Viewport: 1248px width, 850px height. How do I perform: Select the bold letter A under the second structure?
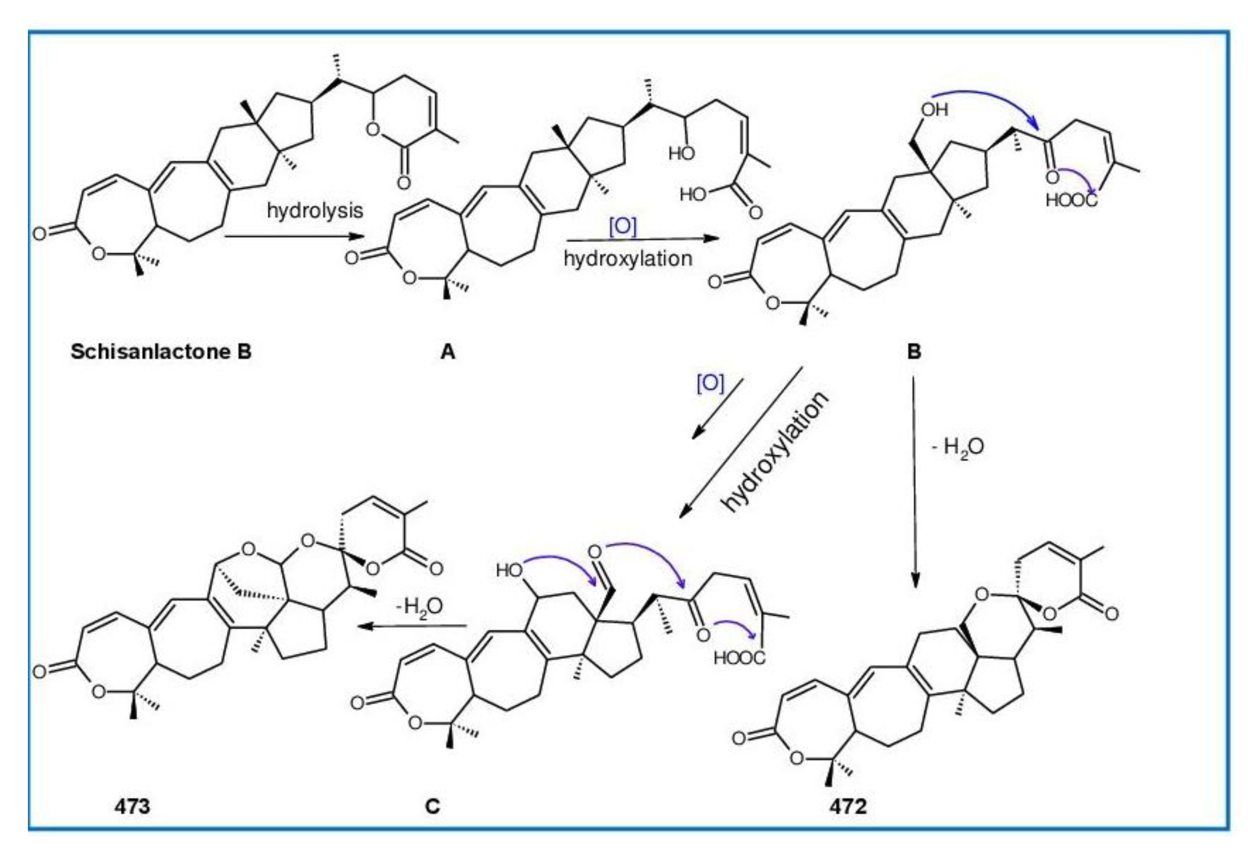(448, 352)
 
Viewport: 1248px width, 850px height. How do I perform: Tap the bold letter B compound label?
(914, 352)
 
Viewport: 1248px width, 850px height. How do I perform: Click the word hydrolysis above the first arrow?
(315, 210)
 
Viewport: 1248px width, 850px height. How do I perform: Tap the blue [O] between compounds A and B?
(623, 226)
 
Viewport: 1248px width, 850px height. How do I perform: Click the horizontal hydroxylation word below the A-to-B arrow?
(628, 259)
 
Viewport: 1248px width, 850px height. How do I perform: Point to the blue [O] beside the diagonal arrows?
(710, 383)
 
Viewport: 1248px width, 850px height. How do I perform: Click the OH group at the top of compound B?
(935, 110)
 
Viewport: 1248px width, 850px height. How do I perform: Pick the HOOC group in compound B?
(1071, 200)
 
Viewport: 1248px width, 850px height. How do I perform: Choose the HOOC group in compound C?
(739, 657)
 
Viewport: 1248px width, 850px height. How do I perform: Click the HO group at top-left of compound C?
(509, 570)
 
